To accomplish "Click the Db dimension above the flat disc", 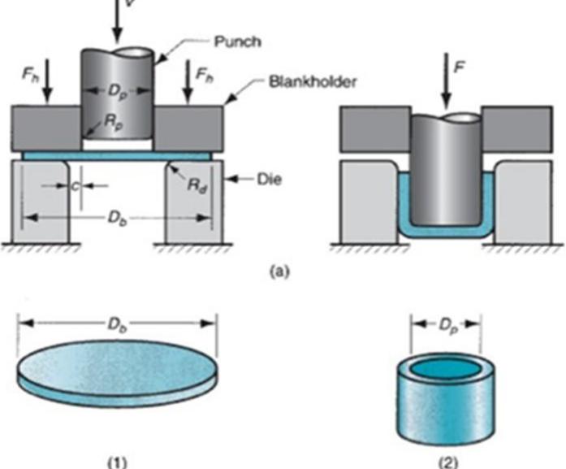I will point(115,324).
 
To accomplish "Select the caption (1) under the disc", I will point(116,459).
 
